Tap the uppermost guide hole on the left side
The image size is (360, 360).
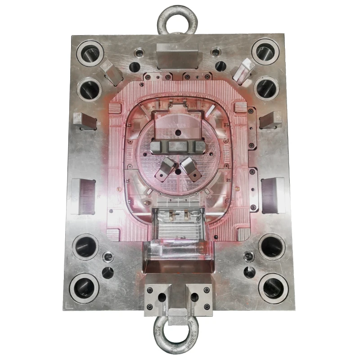[90, 52]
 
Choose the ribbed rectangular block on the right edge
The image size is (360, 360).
[273, 195]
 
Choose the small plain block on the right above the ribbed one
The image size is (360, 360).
[271, 119]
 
